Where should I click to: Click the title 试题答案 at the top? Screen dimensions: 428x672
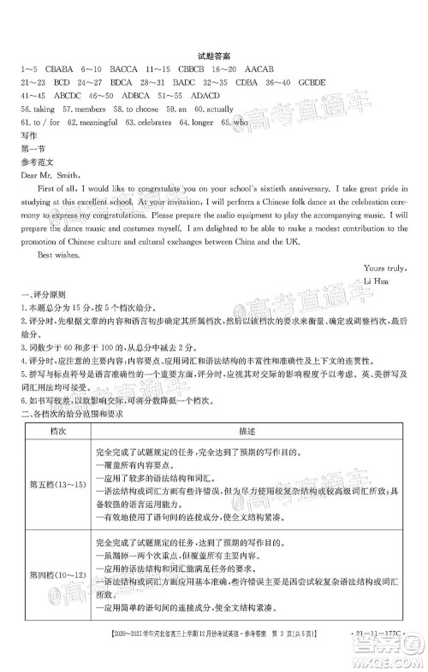[x=215, y=54]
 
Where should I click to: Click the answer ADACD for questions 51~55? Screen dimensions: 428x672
[x=208, y=97]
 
